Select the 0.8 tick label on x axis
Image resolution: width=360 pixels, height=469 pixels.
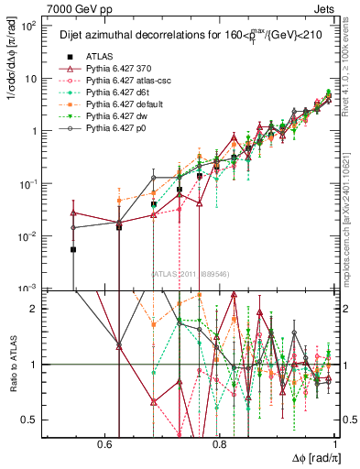(220, 442)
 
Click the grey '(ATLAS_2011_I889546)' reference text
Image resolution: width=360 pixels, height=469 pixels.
(191, 273)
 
